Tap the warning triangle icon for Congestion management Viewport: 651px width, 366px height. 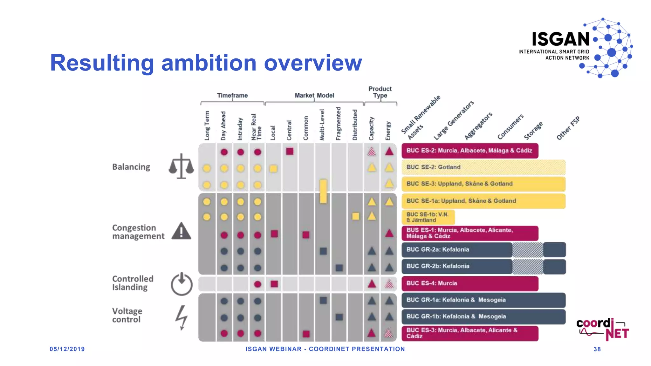pyautogui.click(x=181, y=231)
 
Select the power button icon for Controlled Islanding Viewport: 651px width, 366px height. pyautogui.click(x=182, y=284)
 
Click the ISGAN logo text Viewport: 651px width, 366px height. pyautogui.click(x=561, y=39)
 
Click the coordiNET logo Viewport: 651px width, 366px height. pyautogui.click(x=602, y=329)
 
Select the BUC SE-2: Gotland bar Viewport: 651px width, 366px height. pyautogui.click(x=483, y=167)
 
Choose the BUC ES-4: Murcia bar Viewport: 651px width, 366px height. pyautogui.click(x=470, y=283)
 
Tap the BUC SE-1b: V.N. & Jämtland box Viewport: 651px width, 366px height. pyautogui.click(x=428, y=217)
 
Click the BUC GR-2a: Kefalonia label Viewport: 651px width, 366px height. pyautogui.click(x=438, y=249)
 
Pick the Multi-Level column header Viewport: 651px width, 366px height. pyautogui.click(x=322, y=125)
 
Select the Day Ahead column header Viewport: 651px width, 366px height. pyautogui.click(x=223, y=126)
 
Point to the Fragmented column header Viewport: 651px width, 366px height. pyautogui.click(x=339, y=124)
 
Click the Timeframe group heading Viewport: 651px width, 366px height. pyautogui.click(x=232, y=95)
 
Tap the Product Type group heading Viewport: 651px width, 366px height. pyautogui.click(x=380, y=92)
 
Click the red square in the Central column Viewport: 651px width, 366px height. pyautogui.click(x=290, y=151)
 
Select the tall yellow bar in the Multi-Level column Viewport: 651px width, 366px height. pyautogui.click(x=323, y=191)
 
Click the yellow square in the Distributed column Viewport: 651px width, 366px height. pyautogui.click(x=355, y=216)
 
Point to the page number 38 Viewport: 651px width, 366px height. pyautogui.click(x=597, y=349)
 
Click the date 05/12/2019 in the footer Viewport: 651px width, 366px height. pyautogui.click(x=67, y=349)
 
